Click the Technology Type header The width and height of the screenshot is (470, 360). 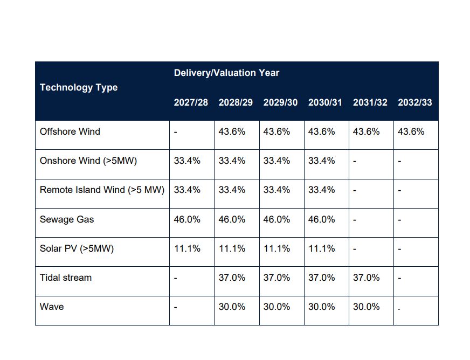[79, 87]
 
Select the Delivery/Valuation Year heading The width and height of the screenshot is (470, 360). [226, 73]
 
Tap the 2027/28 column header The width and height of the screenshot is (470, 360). [191, 102]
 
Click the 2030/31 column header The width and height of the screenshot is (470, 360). [325, 102]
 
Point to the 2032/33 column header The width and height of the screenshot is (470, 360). [415, 102]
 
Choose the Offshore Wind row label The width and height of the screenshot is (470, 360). [70, 131]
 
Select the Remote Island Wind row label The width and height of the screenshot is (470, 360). [102, 190]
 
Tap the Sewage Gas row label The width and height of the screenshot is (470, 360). [67, 219]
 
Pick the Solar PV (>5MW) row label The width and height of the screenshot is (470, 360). [77, 248]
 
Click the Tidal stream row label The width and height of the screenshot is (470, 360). [66, 278]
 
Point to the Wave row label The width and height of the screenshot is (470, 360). [52, 307]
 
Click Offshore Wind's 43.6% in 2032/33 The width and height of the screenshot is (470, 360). [411, 131]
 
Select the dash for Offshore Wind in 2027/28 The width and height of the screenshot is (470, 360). [176, 132]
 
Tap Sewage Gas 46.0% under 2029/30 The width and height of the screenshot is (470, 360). [277, 219]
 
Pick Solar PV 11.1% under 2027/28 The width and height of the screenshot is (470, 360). [187, 248]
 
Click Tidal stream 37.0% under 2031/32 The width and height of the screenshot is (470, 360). [367, 278]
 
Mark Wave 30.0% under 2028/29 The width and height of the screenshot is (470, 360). [232, 307]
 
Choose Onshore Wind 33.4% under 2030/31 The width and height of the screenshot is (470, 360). [321, 161]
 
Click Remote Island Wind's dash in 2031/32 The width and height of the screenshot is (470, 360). [355, 190]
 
